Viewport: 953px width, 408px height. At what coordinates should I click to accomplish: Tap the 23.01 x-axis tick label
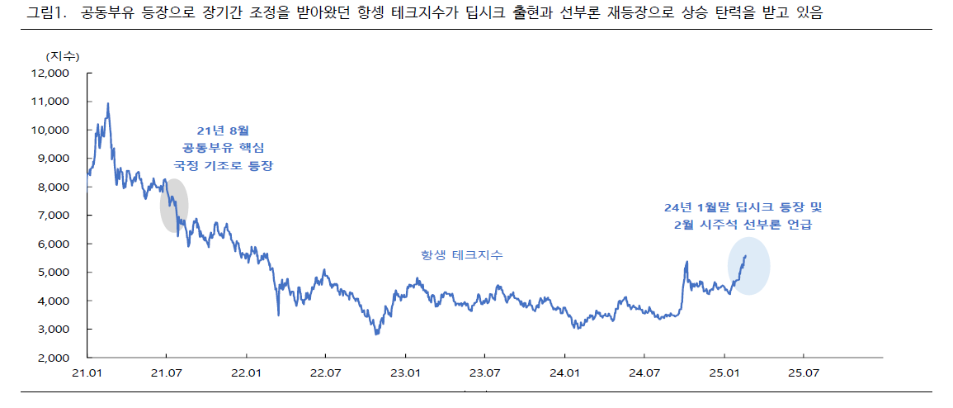pos(404,373)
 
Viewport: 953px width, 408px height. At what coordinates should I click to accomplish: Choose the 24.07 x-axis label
pos(644,373)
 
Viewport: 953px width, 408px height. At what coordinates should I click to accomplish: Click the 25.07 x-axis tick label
pos(803,373)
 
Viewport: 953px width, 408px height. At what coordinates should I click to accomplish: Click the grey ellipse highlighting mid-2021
pos(174,205)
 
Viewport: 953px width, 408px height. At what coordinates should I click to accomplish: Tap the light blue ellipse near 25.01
pos(748,266)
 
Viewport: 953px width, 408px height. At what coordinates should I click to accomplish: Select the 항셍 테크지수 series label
pos(461,256)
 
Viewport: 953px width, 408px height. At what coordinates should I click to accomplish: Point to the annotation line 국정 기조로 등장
pos(222,166)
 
